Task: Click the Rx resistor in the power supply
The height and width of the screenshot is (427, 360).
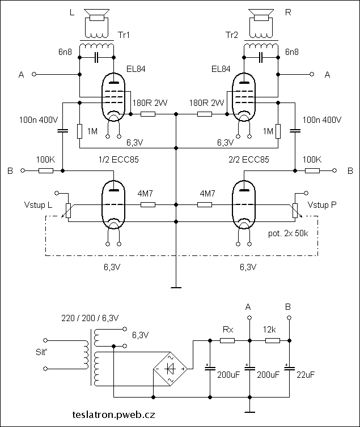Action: pyautogui.click(x=228, y=341)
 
